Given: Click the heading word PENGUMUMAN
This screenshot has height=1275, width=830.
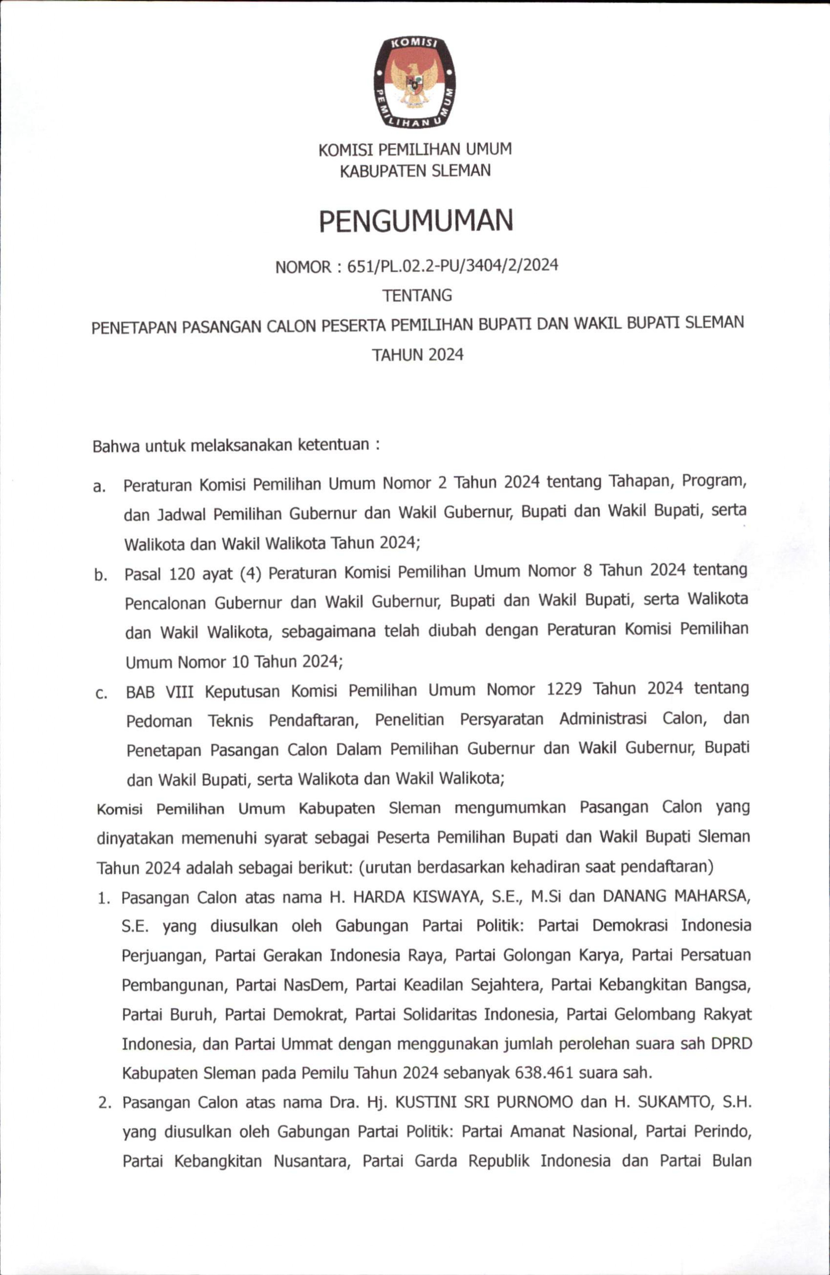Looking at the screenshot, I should (416, 221).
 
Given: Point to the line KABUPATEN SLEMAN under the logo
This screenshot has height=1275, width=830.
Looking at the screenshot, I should (415, 171).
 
